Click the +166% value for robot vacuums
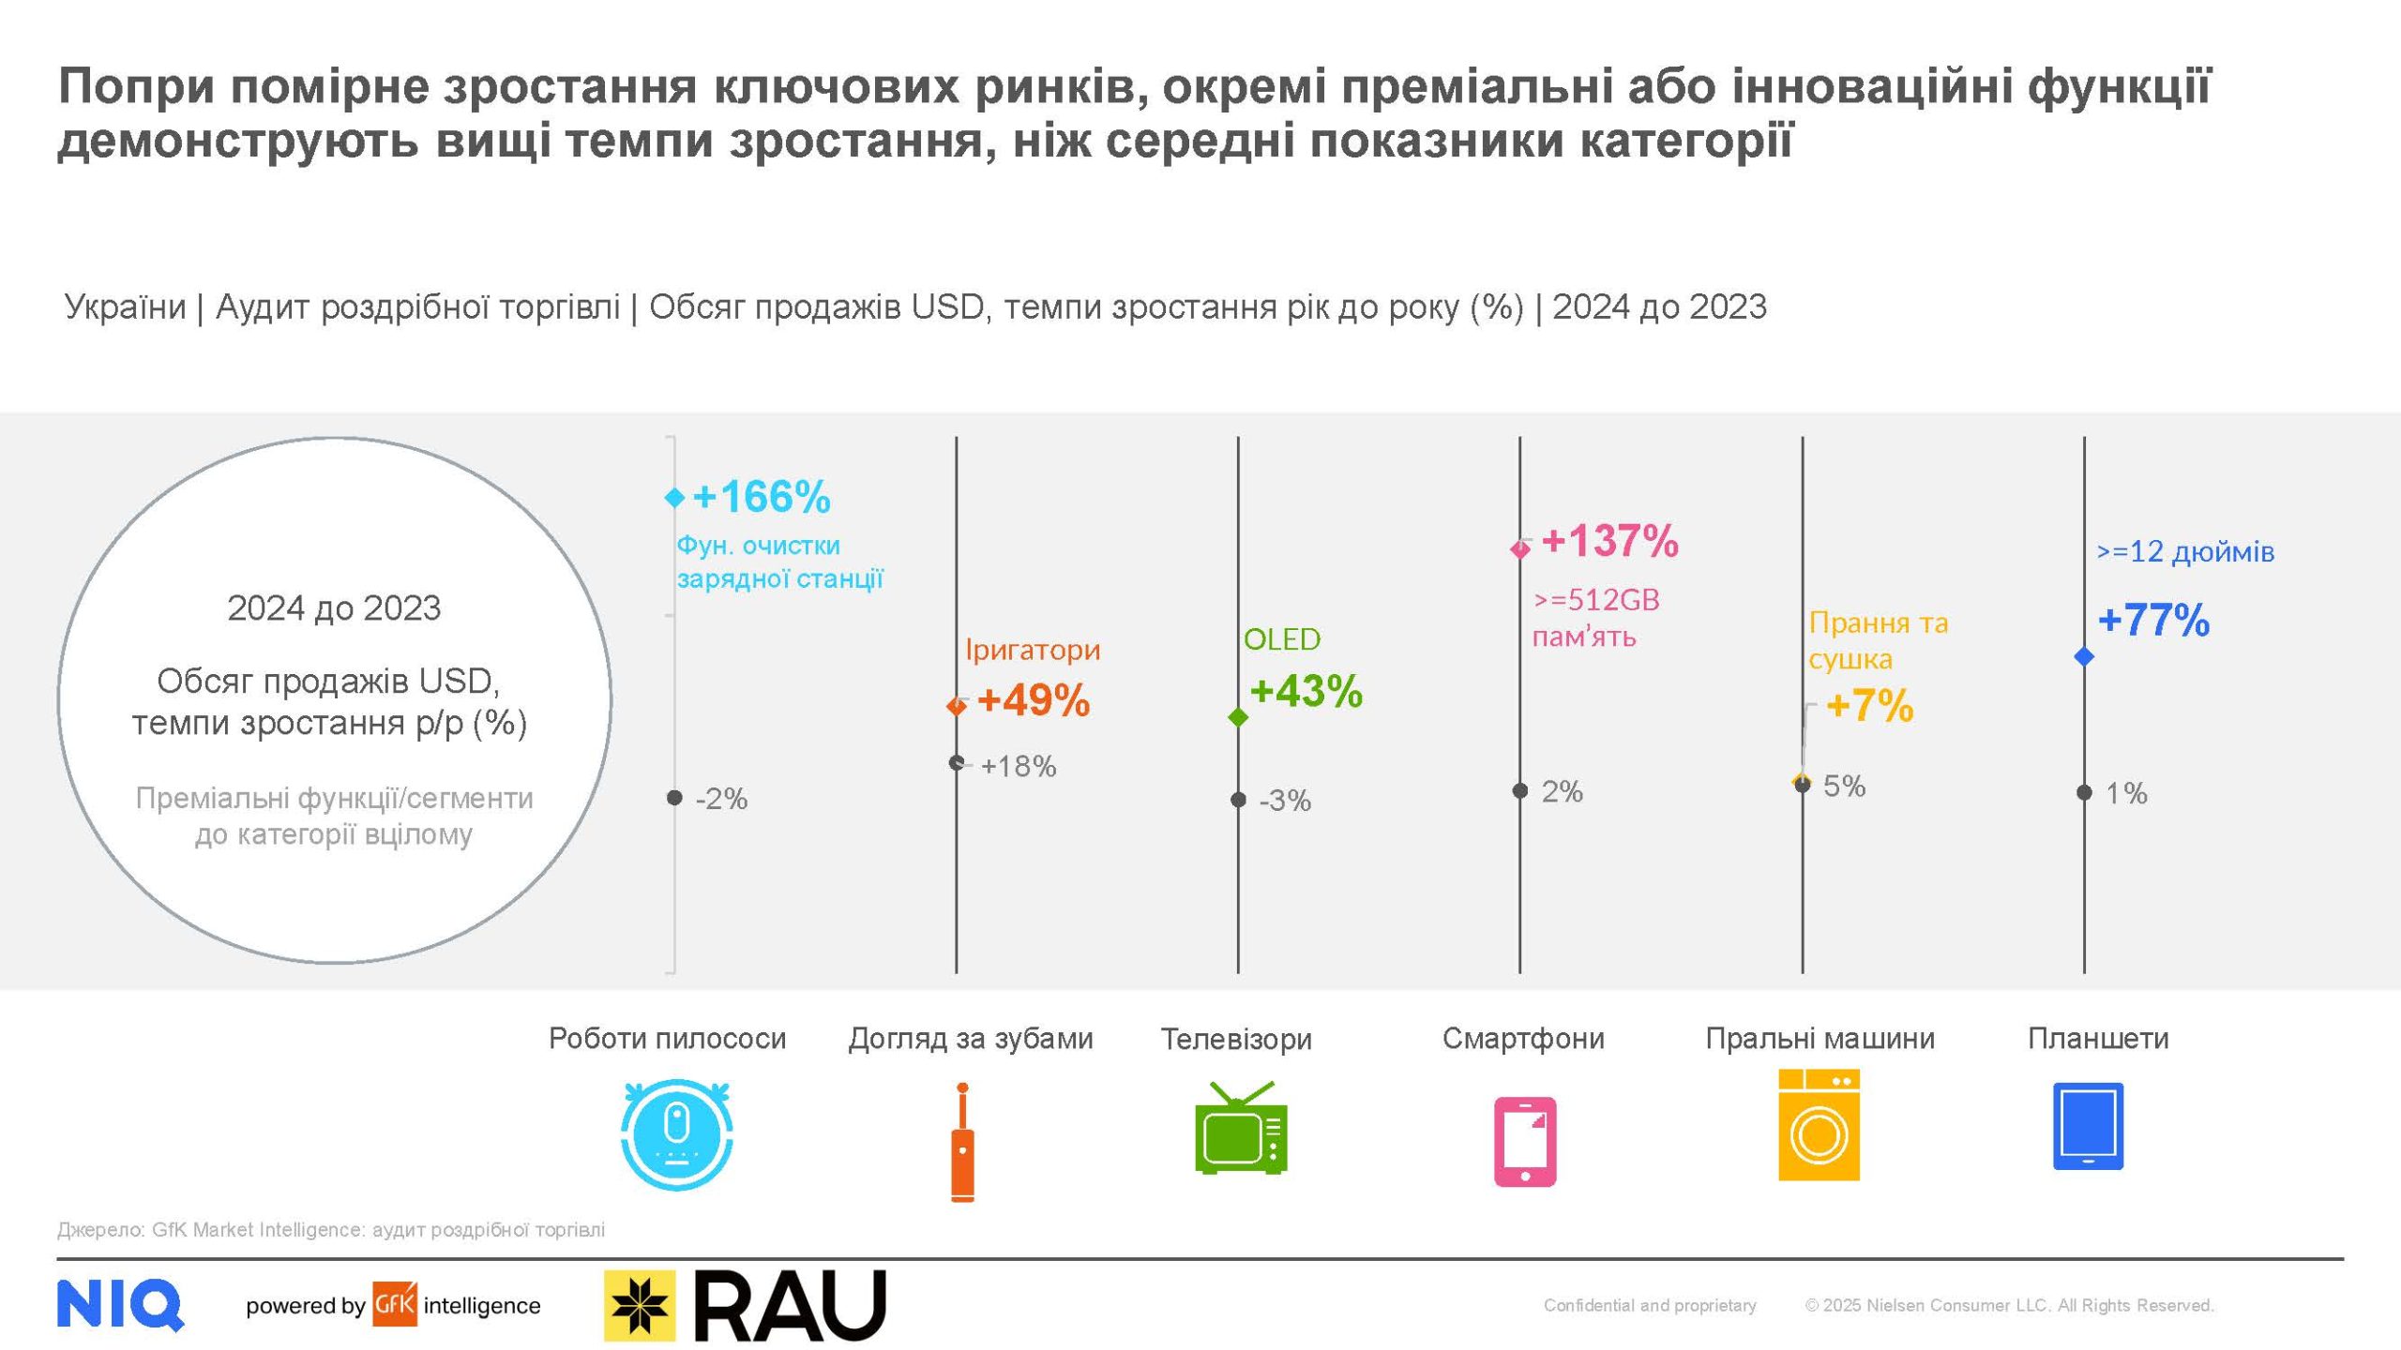pyautogui.click(x=761, y=497)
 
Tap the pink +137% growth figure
pyautogui.click(x=1609, y=541)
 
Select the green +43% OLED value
pyautogui.click(x=1306, y=692)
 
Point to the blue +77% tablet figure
pyautogui.click(x=2153, y=621)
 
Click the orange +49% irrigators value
pyautogui.click(x=1033, y=700)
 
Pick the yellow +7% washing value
pyautogui.click(x=1869, y=706)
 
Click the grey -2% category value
pyautogui.click(x=721, y=799)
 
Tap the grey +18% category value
pyautogui.click(x=1019, y=767)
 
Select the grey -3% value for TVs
pyautogui.click(x=1284, y=801)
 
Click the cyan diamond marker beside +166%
pyautogui.click(x=674, y=497)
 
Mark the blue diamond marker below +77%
pyautogui.click(x=2084, y=656)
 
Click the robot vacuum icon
pyautogui.click(x=676, y=1134)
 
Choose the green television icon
pyautogui.click(x=1240, y=1129)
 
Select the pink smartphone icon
pyautogui.click(x=1524, y=1141)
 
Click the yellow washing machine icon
pyautogui.click(x=1819, y=1125)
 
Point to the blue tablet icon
pyautogui.click(x=2088, y=1126)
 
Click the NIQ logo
pyautogui.click(x=120, y=1304)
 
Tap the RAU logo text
pyautogui.click(x=790, y=1305)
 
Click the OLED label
pyautogui.click(x=1281, y=639)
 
